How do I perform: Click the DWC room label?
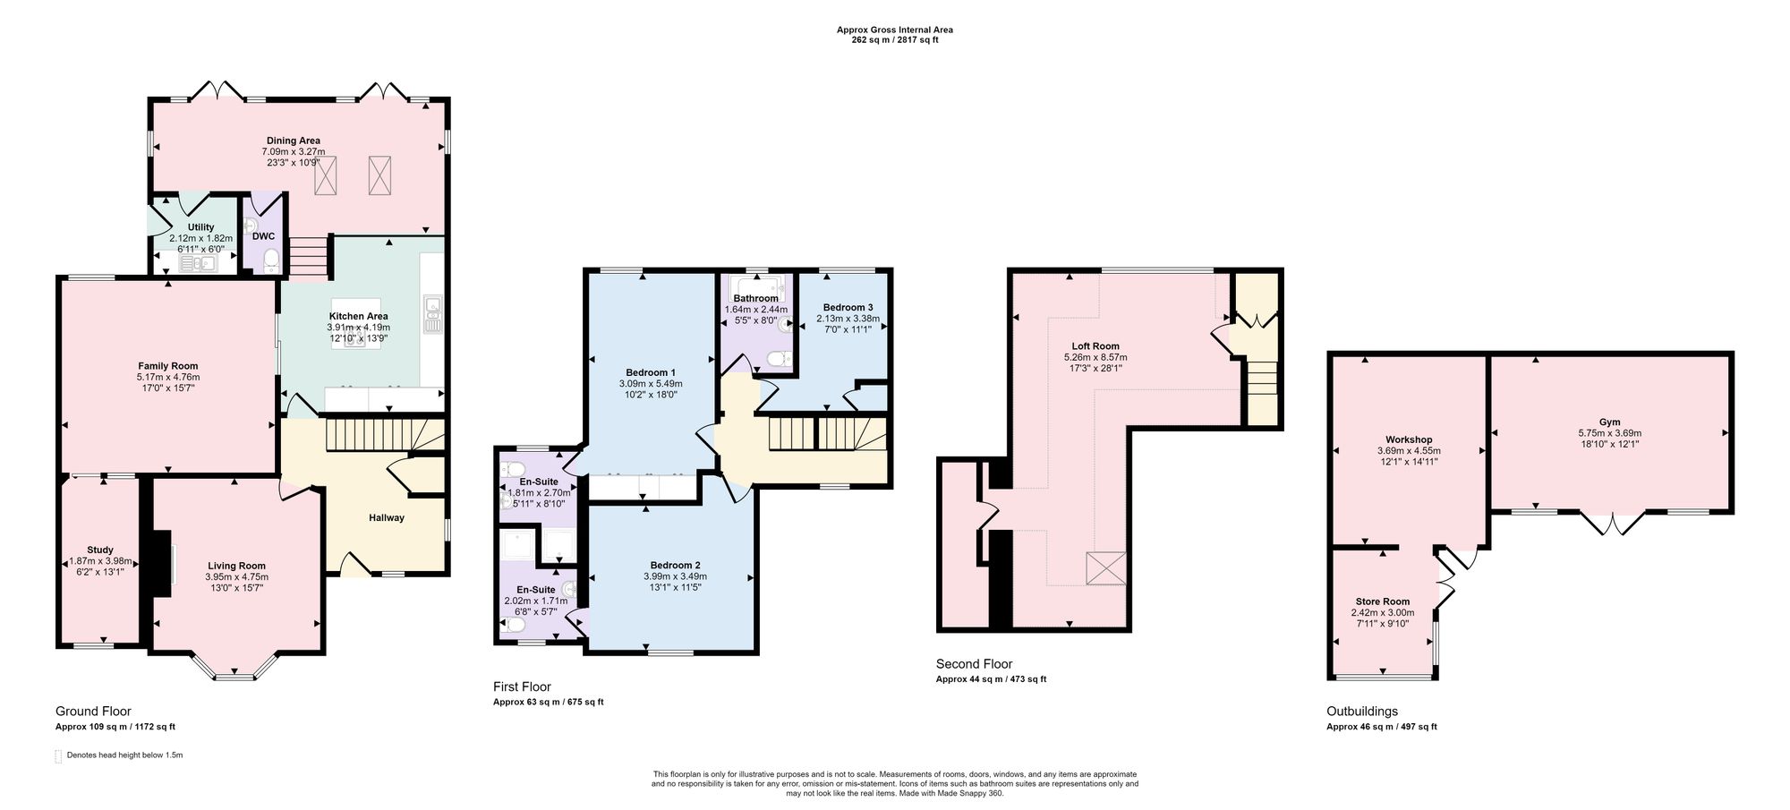tap(263, 237)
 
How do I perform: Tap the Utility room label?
tap(200, 227)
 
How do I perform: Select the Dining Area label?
tap(294, 141)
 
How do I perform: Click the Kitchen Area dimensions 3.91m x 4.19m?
tap(358, 328)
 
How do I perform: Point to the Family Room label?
tap(168, 366)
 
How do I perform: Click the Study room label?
tap(100, 550)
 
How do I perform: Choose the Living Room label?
tap(236, 566)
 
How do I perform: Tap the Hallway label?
tap(387, 517)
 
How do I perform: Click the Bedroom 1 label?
tap(651, 372)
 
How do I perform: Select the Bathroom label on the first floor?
tap(755, 298)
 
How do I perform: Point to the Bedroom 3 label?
tap(848, 307)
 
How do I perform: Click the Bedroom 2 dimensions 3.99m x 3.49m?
tap(675, 576)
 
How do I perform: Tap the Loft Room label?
tap(1095, 346)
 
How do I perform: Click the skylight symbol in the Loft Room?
tap(1105, 567)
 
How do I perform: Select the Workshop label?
tap(1410, 439)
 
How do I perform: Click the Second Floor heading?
tap(974, 664)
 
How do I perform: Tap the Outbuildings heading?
tap(1362, 712)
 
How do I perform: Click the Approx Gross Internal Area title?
tap(894, 30)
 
